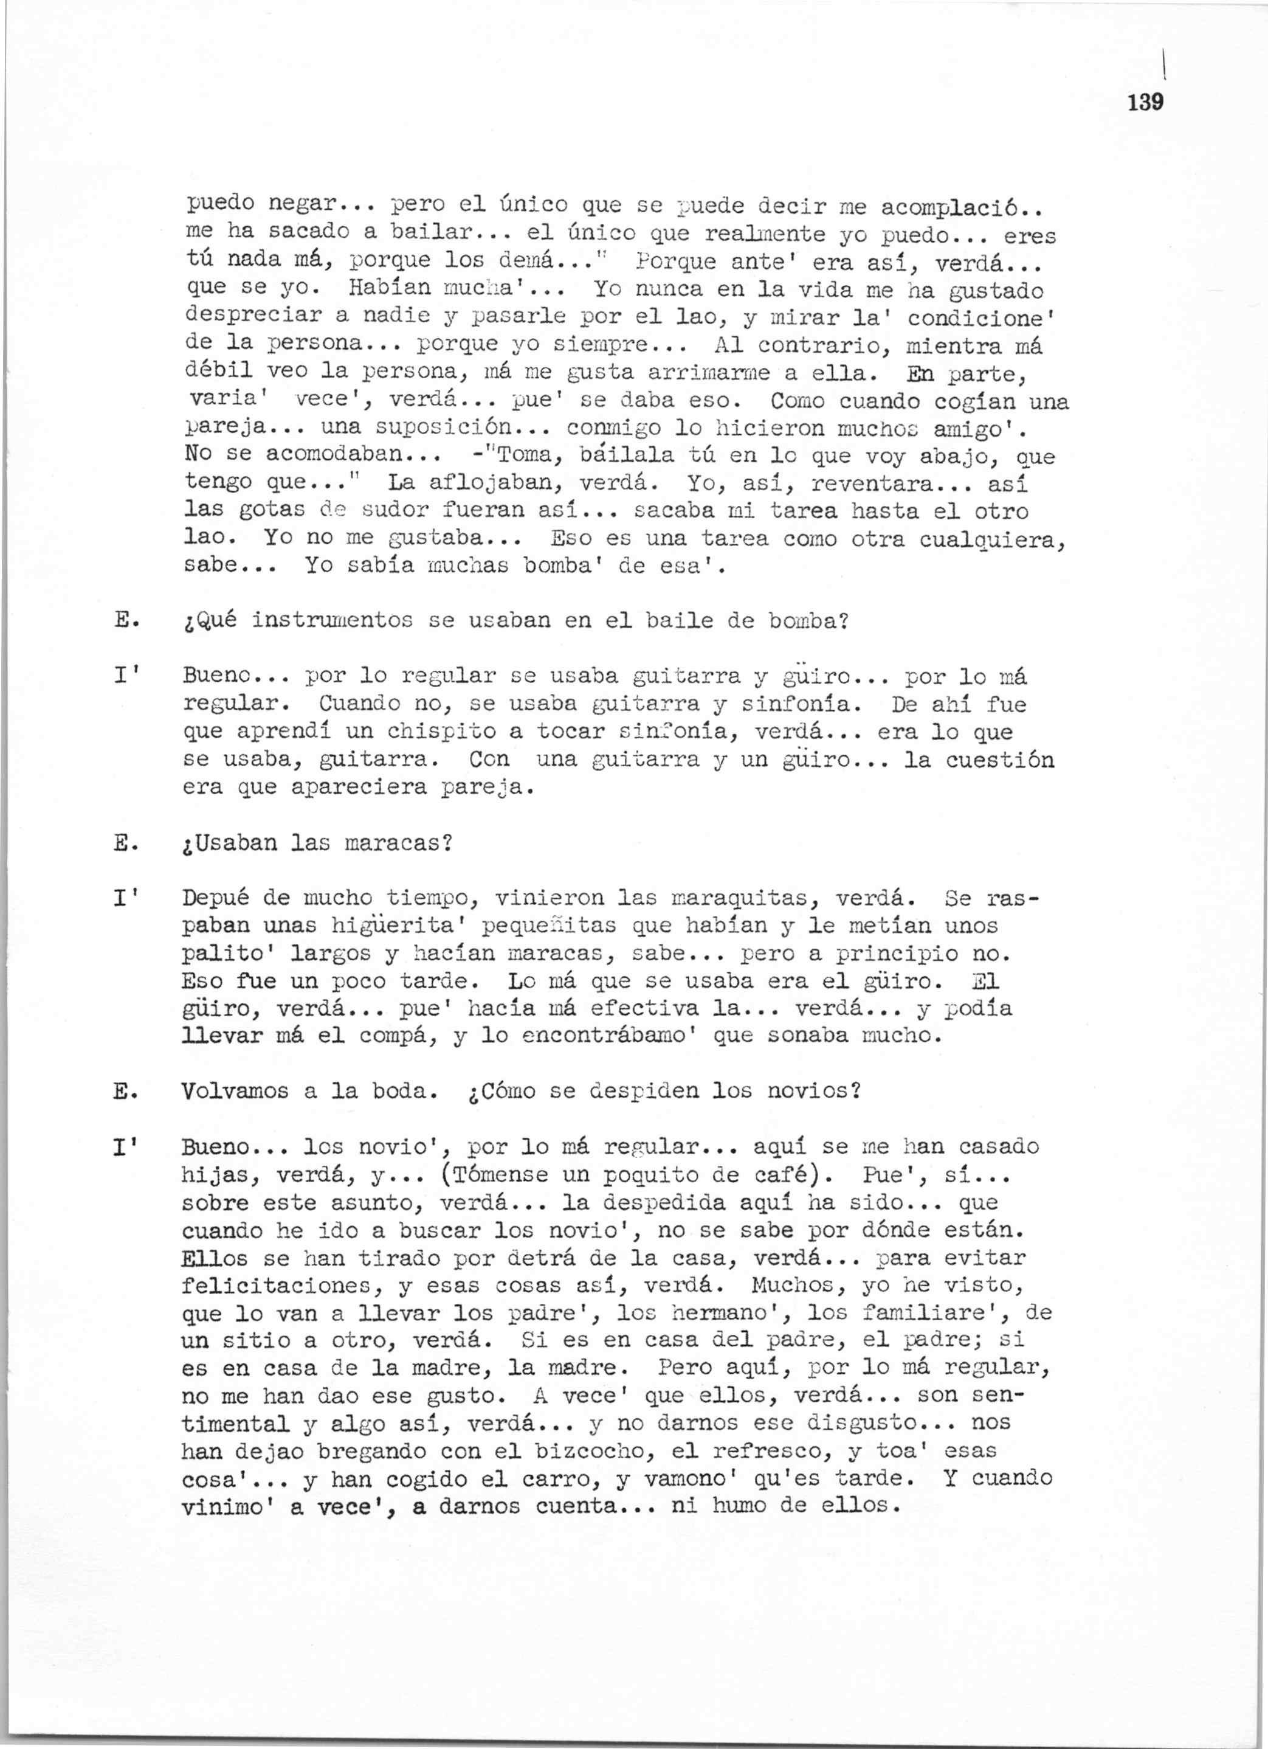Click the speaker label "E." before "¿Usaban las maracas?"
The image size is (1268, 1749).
(125, 843)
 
